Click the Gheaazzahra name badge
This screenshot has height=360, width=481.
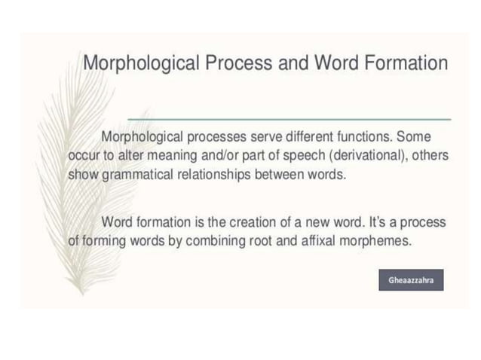(x=411, y=279)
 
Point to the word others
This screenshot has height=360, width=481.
(x=428, y=156)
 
